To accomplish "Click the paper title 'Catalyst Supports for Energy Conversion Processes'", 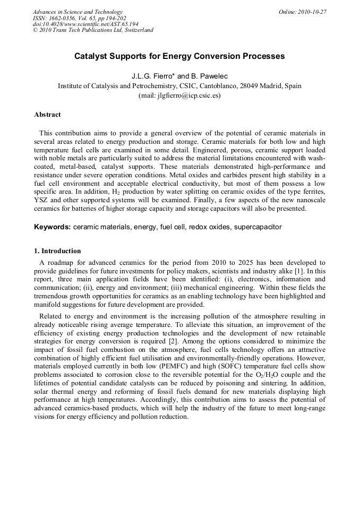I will tap(179, 56).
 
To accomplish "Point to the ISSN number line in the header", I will tap(80, 18).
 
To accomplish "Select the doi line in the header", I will tap(85, 24).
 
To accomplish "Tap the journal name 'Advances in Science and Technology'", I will tap(78, 12).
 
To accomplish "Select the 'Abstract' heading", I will tap(47, 115).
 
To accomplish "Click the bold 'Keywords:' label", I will tap(53, 227).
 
